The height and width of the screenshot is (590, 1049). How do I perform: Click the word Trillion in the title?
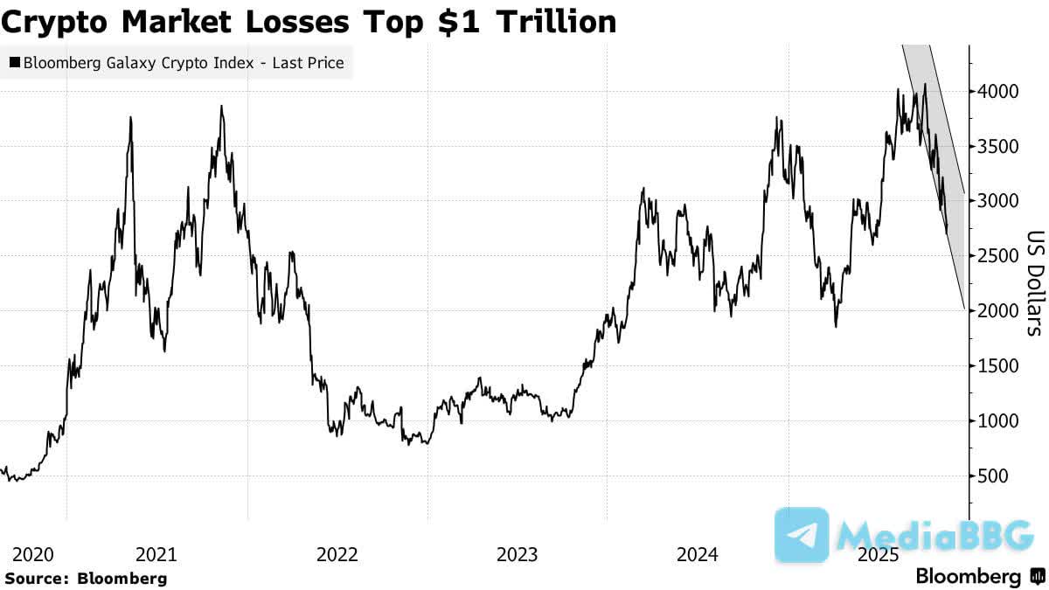(556, 22)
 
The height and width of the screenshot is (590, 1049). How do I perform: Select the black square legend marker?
(15, 63)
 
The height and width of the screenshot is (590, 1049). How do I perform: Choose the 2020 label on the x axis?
(34, 554)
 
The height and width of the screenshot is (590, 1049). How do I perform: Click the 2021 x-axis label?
(157, 554)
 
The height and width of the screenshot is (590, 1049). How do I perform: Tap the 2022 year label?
(337, 554)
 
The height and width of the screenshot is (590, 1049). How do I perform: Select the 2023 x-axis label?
(518, 554)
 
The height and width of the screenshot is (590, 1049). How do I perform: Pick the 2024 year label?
(698, 554)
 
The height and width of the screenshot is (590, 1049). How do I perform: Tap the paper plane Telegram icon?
(802, 535)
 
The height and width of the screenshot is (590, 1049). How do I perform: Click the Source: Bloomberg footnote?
(86, 578)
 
